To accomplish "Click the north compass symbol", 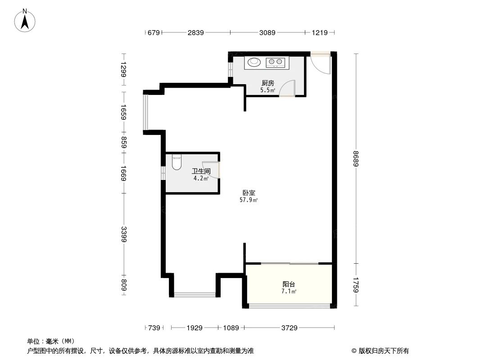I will coord(26,20).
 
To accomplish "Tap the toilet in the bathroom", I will coord(177,162).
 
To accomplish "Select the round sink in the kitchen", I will coord(254,62).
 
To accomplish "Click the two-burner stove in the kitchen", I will coord(275,62).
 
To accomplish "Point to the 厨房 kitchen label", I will coord(268,83).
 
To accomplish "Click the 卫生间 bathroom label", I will coord(201,171).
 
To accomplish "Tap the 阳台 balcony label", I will coord(289,284).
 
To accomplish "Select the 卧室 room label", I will coord(249,193).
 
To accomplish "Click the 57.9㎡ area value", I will coord(249,200).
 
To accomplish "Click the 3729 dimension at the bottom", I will coord(289,328).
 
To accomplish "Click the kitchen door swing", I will coord(287,89).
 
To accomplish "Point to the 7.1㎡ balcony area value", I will coord(289,292).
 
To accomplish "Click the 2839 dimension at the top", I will coord(196,32).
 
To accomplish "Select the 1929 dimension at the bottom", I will coord(195,328).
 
